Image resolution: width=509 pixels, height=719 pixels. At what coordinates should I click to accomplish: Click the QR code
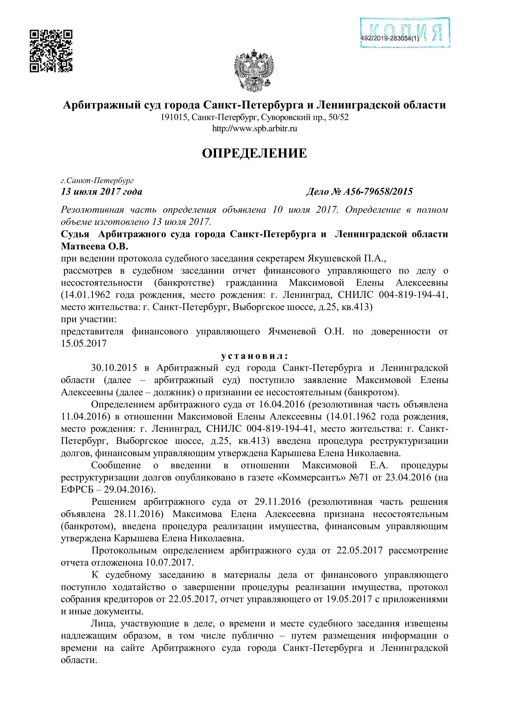(51, 51)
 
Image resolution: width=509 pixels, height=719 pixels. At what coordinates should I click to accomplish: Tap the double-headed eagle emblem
(254, 71)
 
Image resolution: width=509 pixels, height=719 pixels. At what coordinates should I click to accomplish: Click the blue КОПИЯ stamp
(405, 32)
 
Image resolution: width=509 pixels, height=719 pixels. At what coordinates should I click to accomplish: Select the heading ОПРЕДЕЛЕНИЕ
(254, 153)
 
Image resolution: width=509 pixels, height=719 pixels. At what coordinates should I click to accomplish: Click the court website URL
(254, 128)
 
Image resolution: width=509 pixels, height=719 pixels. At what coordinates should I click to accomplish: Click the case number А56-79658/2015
(378, 191)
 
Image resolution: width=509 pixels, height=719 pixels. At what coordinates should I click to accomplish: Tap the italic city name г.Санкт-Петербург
(97, 180)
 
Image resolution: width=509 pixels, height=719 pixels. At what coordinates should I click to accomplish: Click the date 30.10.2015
(114, 368)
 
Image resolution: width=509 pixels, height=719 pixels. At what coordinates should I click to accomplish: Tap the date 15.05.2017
(84, 344)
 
